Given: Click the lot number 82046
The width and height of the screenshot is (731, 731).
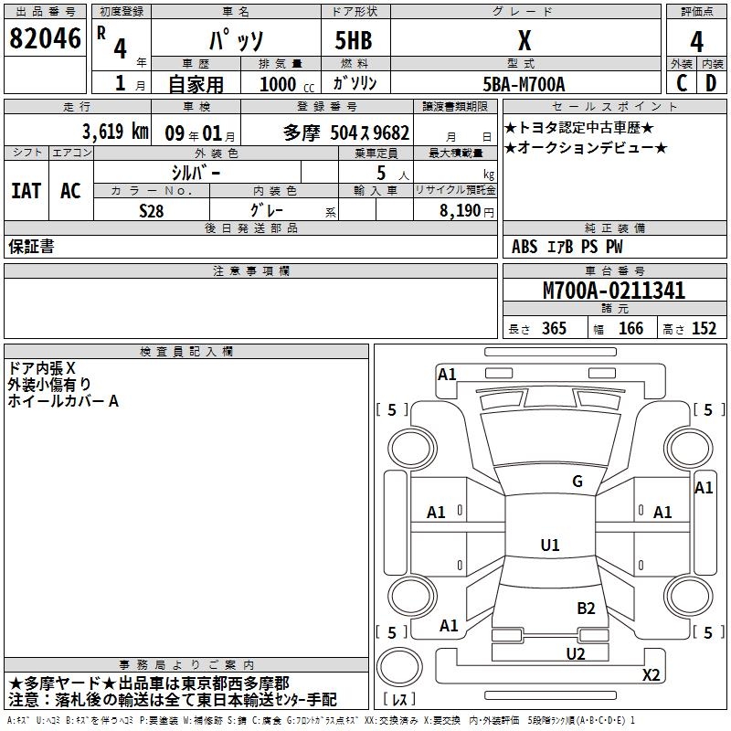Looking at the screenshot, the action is point(45,40).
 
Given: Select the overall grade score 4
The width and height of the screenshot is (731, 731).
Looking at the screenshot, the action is point(696,42).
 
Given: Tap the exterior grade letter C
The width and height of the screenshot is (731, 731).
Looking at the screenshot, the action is point(682,82).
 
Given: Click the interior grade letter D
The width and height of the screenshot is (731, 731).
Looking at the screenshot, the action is point(711,82).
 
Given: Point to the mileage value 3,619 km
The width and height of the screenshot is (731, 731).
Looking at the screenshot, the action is point(115,131).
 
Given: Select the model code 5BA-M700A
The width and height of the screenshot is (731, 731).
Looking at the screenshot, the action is point(524,83).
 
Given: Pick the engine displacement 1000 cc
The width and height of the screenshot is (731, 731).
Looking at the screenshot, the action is point(278,83).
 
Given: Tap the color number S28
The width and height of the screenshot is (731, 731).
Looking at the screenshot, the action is point(152,209).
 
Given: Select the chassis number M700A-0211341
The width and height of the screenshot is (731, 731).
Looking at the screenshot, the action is point(614,291).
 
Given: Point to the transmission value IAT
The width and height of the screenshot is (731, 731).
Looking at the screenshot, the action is point(26,191).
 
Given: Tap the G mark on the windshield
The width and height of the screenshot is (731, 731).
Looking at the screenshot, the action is point(577,482).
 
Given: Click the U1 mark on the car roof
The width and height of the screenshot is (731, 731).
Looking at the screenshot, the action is point(550,546).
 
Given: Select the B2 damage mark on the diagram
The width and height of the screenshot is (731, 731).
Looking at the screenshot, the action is point(586,608).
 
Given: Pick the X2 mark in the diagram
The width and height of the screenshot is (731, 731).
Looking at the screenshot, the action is point(652,675).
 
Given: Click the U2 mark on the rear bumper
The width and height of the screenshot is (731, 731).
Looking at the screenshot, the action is point(575,652).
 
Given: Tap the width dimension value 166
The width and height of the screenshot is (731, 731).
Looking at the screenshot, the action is point(630,329).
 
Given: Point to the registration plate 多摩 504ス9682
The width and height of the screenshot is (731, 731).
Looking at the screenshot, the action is point(346,132).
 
